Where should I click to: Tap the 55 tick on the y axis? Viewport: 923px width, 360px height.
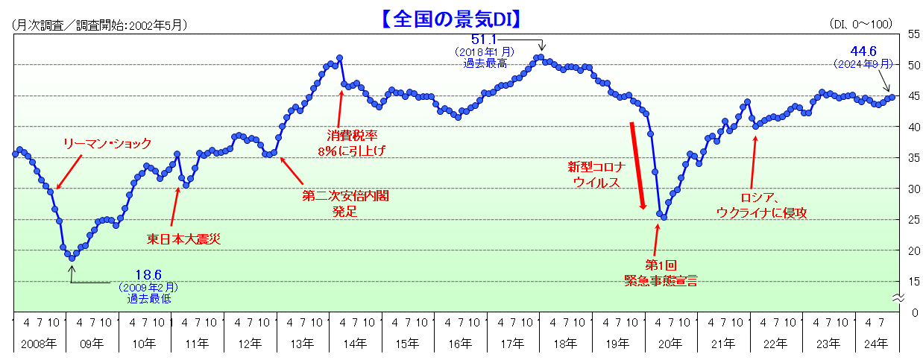click(913, 34)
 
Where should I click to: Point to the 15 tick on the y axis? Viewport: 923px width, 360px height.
click(913, 281)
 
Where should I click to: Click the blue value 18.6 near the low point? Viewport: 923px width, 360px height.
click(148, 275)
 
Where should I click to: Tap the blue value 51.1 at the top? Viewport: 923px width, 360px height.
click(484, 39)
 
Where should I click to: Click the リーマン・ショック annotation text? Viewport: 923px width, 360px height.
click(107, 144)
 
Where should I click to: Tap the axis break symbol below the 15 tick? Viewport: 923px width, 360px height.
click(898, 298)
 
